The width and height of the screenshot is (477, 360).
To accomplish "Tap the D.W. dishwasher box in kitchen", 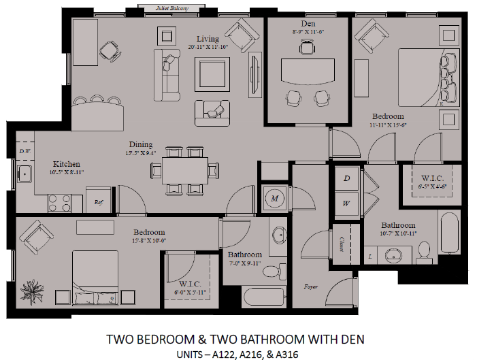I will point(25,151).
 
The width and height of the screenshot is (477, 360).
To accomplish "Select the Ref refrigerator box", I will point(98,201).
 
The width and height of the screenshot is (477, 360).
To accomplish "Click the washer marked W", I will point(346,203).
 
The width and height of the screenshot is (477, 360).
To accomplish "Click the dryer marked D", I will point(346,178).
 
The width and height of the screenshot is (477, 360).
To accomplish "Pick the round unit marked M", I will point(275,198).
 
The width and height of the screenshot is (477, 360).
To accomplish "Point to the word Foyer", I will point(311,287).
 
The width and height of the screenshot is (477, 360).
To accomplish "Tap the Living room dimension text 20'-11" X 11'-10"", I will point(208,47).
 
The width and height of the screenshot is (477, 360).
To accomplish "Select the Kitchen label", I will point(67,164).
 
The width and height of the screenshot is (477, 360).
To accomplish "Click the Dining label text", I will point(141,144).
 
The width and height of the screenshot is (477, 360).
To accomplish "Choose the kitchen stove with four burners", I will point(59,201).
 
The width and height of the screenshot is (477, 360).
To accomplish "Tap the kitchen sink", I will point(24,175).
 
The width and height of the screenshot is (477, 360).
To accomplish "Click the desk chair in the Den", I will point(307,47).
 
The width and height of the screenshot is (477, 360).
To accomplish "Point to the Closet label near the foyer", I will point(341,242).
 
